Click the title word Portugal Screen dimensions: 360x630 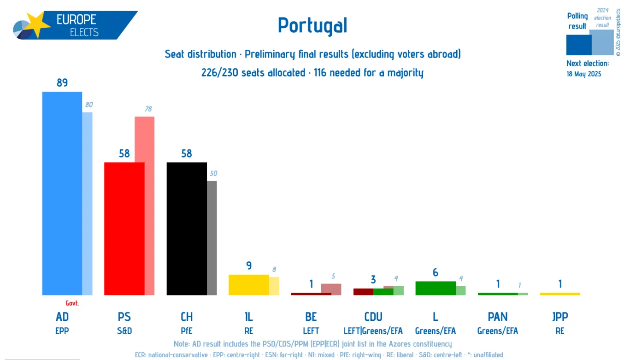[312, 25]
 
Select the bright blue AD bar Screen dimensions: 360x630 [62, 194]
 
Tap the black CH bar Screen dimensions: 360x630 [186, 229]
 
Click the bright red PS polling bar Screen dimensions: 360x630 [124, 229]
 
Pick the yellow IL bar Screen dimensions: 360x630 [248, 285]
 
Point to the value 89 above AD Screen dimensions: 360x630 [62, 83]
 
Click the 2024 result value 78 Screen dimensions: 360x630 [148, 109]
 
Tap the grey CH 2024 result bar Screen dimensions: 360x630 [212, 238]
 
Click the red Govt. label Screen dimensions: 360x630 [72, 303]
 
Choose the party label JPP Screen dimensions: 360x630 [560, 317]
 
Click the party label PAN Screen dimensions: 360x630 [498, 317]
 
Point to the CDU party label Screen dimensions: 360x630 [373, 317]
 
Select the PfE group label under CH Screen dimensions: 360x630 [186, 331]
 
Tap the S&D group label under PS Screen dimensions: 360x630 [124, 331]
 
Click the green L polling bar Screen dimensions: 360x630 [435, 288]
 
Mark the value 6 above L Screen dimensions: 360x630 [436, 273]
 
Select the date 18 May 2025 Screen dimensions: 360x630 [583, 74]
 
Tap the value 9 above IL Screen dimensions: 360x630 [249, 266]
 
